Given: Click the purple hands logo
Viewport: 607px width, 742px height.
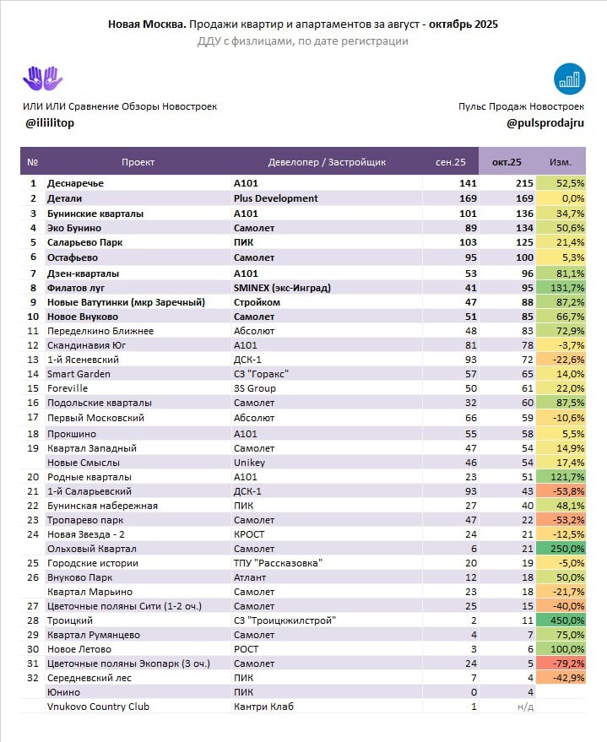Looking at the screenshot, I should (x=41, y=79).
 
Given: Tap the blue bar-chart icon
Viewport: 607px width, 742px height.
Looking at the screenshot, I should (x=570, y=79).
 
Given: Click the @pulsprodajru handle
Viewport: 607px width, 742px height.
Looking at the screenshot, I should (x=545, y=123).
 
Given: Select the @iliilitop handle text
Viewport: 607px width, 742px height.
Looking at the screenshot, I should (x=51, y=123).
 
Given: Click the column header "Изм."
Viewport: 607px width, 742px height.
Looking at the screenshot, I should (x=560, y=162).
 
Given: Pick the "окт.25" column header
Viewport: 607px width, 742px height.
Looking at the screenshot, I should (x=507, y=162).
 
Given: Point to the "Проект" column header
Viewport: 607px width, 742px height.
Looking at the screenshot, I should (x=138, y=162).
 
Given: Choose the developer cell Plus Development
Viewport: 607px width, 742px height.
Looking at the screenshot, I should (x=276, y=198).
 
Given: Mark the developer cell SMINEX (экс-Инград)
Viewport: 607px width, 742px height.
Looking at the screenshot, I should (x=282, y=288).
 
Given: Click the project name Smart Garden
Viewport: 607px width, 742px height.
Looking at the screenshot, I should (x=79, y=374).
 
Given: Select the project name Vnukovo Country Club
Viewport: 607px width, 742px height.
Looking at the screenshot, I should (x=98, y=707).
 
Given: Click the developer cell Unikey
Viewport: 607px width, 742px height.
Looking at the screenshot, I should (x=249, y=463).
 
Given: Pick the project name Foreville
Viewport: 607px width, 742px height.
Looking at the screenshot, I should (x=68, y=388).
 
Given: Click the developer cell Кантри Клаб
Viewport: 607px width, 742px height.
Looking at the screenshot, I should (x=264, y=707).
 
